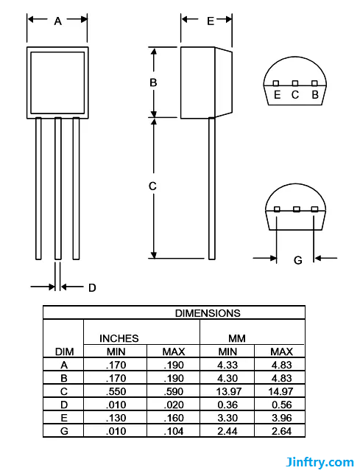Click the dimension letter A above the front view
click(57, 21)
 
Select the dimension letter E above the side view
click(210, 21)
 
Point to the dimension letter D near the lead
click(92, 287)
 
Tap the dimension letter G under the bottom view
click(297, 259)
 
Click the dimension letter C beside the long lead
click(152, 186)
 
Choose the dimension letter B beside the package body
click(153, 83)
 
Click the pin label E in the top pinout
click(277, 94)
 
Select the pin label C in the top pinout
click(295, 94)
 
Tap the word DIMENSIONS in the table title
click(207, 313)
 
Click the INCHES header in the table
click(119, 338)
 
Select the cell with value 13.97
click(227, 391)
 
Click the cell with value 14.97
click(280, 391)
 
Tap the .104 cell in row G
click(173, 430)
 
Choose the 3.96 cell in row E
click(280, 417)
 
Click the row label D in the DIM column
click(64, 404)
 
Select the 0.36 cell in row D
click(227, 404)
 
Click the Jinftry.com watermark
click(320, 463)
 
